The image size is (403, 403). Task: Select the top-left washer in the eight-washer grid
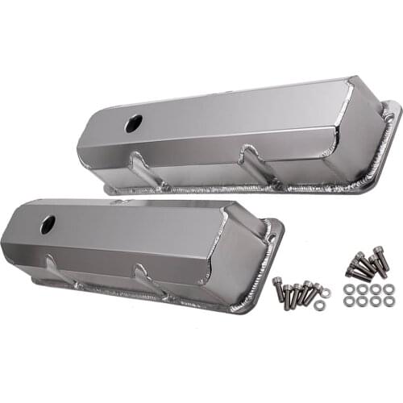[348, 288]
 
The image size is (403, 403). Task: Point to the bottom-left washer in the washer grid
[349, 301]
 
